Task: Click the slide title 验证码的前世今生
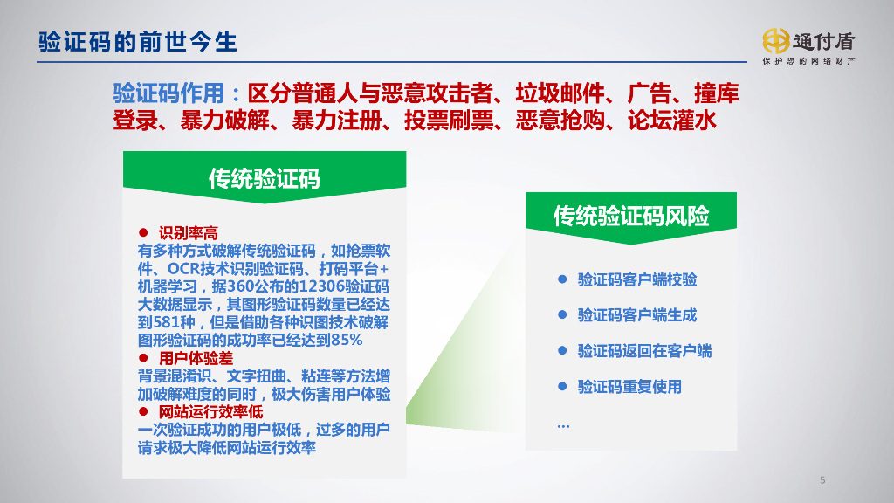click(x=138, y=42)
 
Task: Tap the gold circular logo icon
click(x=775, y=40)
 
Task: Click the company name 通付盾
click(x=824, y=40)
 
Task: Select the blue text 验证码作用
click(x=169, y=93)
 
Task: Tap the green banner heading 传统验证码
click(x=264, y=178)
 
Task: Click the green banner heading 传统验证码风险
click(x=631, y=217)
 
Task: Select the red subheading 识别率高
click(x=188, y=233)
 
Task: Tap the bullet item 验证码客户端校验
click(x=637, y=280)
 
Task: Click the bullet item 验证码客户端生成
click(x=637, y=315)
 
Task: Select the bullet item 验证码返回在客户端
click(x=644, y=351)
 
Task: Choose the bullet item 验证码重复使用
click(x=629, y=387)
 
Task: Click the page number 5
click(x=822, y=480)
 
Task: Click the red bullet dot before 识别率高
click(x=143, y=233)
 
